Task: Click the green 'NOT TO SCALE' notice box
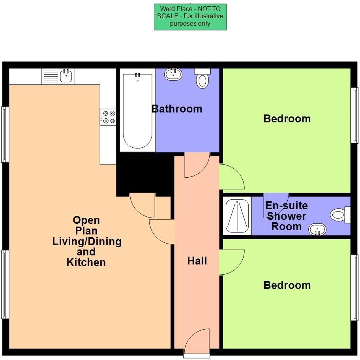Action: pyautogui.click(x=190, y=17)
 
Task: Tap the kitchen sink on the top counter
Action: pyautogui.click(x=66, y=76)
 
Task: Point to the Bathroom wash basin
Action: pyautogui.click(x=173, y=74)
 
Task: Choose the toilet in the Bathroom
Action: pyautogui.click(x=202, y=80)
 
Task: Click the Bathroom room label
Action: pyautogui.click(x=177, y=109)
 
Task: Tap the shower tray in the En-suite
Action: pyautogui.click(x=237, y=216)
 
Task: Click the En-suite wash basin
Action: pyautogui.click(x=317, y=229)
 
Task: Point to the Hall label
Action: pyautogui.click(x=197, y=261)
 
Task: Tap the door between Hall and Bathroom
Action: pyautogui.click(x=196, y=165)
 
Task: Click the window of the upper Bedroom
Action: pyautogui.click(x=354, y=115)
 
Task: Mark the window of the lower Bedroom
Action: pyautogui.click(x=354, y=287)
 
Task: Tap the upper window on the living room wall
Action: pyautogui.click(x=5, y=134)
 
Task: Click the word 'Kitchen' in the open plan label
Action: pyautogui.click(x=86, y=262)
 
